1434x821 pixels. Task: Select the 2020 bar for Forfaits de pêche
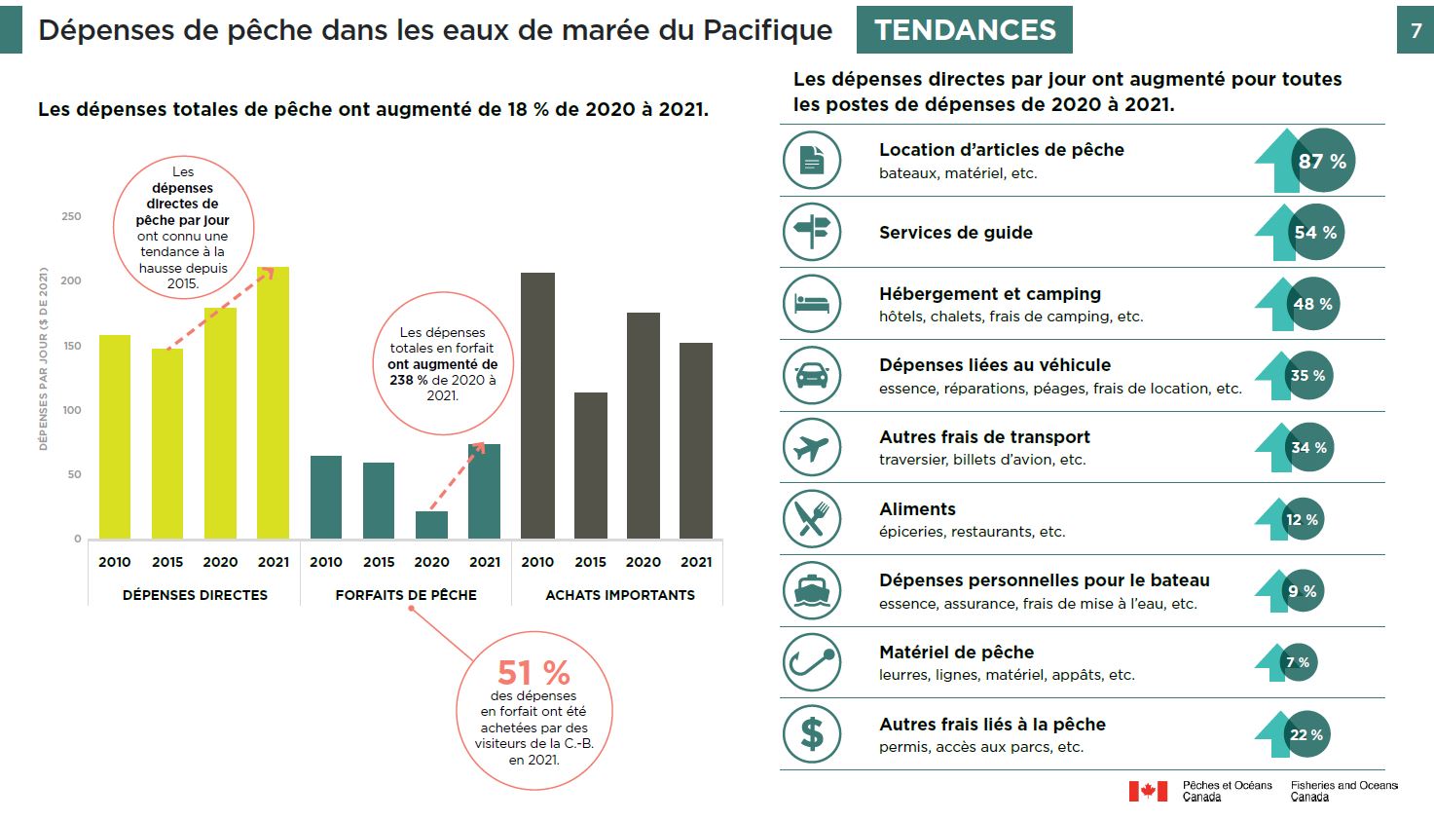click(431, 525)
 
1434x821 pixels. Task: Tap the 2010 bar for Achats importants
click(537, 405)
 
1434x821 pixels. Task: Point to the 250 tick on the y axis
click(71, 216)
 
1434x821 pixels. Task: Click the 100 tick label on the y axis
click(71, 410)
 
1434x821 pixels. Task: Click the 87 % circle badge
click(1324, 161)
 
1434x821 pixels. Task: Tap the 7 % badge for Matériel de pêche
click(1299, 662)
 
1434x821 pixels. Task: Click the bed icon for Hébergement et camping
click(811, 304)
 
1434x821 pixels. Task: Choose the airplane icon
click(811, 448)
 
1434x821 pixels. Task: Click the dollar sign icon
click(811, 734)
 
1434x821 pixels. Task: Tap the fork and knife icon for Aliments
click(811, 519)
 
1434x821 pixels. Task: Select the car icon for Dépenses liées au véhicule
click(811, 376)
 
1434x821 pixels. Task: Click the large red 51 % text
click(533, 672)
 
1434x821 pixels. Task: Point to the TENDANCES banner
click(964, 30)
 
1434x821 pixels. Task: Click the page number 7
click(1416, 31)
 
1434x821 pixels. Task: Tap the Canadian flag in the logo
click(1148, 791)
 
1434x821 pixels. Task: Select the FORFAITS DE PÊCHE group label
click(406, 595)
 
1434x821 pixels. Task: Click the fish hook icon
click(811, 662)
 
